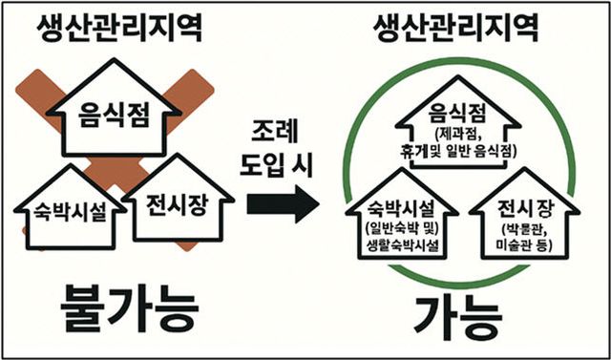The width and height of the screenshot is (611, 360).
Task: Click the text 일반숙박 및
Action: click(401, 228)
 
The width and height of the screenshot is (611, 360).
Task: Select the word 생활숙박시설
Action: click(401, 244)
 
